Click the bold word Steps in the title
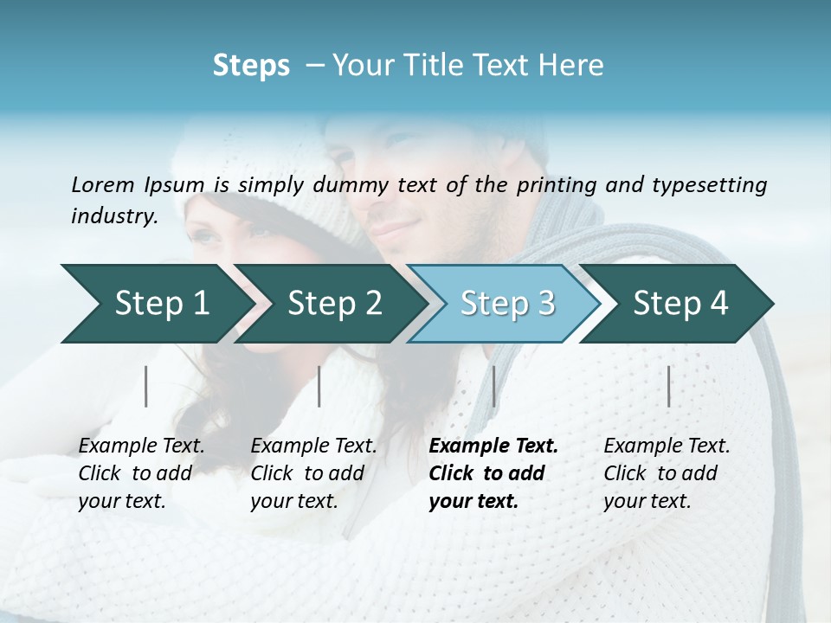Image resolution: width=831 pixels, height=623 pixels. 251,66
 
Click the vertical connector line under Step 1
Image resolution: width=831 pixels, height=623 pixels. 146,386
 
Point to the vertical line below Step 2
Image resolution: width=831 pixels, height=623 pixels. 319,386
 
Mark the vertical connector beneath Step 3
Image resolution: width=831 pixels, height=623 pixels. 493,386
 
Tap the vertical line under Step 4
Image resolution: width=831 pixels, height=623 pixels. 668,386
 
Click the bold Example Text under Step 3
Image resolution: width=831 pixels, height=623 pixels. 493,473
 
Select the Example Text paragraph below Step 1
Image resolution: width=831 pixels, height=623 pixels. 141,473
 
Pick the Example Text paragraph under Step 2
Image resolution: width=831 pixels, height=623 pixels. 313,473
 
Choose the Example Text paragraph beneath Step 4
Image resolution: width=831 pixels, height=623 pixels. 667,473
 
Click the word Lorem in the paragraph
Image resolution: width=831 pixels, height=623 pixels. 103,184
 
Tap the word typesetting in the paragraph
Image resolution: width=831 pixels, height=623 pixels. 715,184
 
